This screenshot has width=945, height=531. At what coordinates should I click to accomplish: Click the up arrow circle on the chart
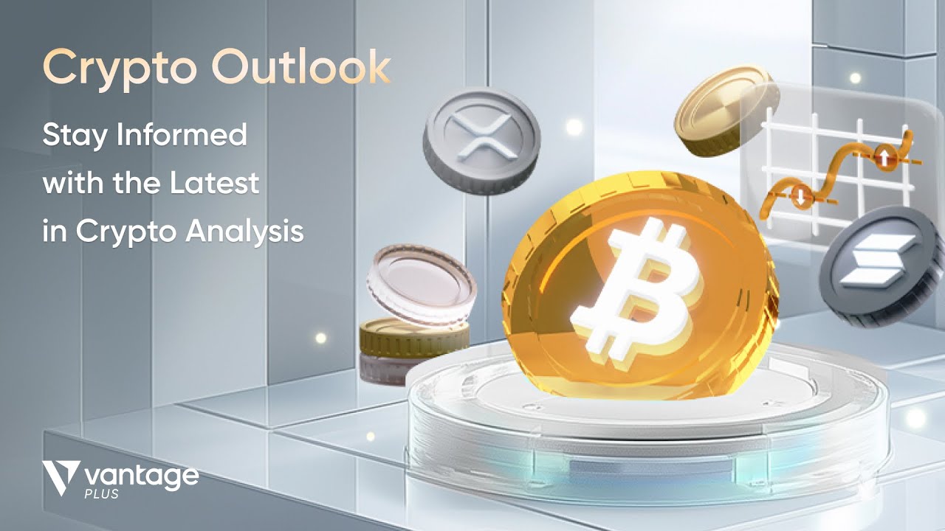click(x=884, y=154)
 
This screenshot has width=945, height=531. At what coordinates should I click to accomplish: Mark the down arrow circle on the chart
click(x=799, y=196)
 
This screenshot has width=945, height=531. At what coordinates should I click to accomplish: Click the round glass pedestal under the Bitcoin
click(x=642, y=428)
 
